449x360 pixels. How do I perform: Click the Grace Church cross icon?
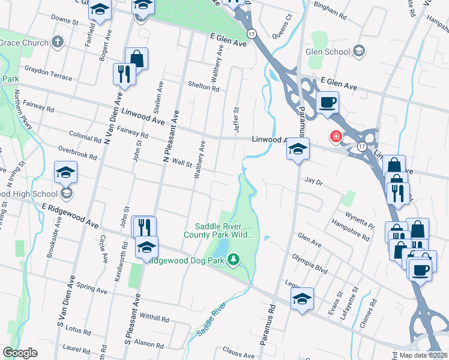point(58,42)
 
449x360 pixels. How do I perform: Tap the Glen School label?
point(328,52)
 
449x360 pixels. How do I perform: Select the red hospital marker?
point(336,137)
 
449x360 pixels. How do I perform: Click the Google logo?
point(20,353)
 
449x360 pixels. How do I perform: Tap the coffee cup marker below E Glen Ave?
point(327,103)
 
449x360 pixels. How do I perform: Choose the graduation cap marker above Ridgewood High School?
point(65,173)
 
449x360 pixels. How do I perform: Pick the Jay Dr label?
point(314,180)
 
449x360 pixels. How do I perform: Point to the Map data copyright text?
point(424,355)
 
